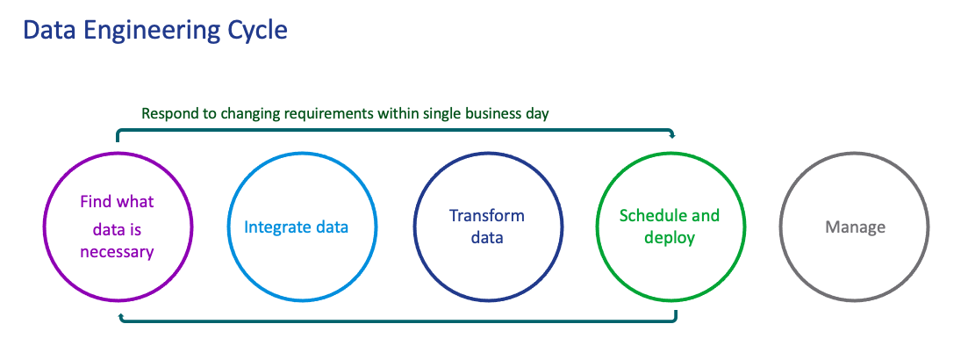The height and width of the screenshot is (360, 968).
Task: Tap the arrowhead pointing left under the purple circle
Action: (122, 319)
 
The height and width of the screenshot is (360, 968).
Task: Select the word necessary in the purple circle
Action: (118, 253)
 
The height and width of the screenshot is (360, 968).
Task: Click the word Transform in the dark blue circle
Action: (487, 215)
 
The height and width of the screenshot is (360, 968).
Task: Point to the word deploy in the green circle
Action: (670, 238)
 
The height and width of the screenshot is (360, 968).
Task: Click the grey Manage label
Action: (855, 227)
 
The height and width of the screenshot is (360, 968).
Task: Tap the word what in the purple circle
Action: (134, 202)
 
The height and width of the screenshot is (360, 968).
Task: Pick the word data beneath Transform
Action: (487, 238)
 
